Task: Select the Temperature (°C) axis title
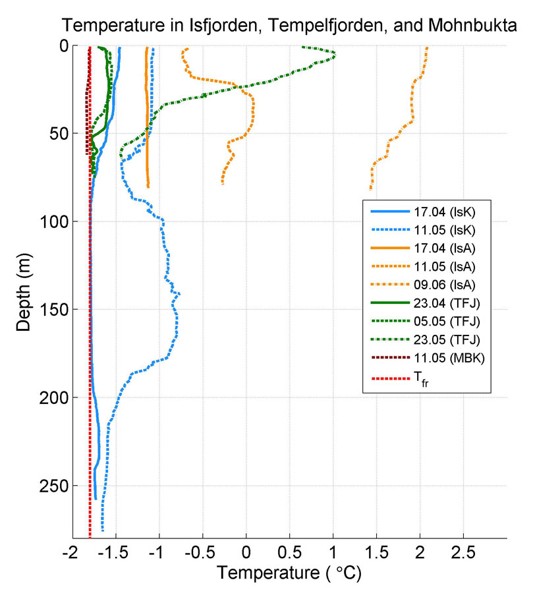coord(289,573)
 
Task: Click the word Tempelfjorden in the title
coord(298,26)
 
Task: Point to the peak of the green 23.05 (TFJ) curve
coord(334,54)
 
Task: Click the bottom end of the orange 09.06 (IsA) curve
coord(370,189)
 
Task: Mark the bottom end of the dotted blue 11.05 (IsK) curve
coord(103,529)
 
